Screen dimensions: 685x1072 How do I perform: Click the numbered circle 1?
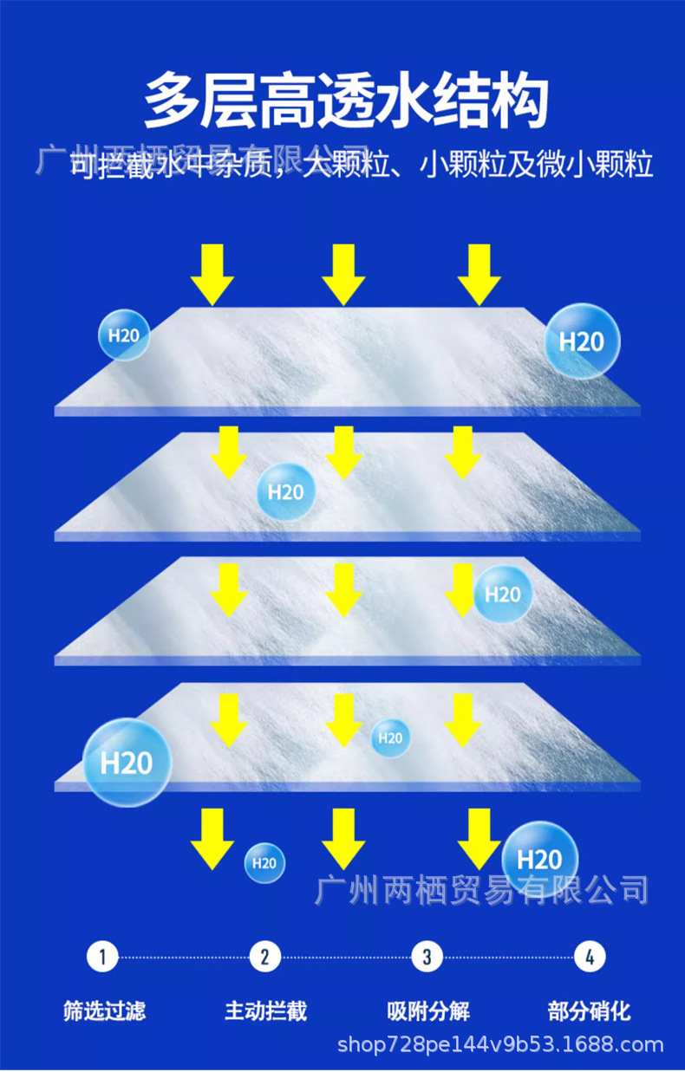pyautogui.click(x=102, y=957)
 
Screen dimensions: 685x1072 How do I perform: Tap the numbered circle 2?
pyautogui.click(x=264, y=957)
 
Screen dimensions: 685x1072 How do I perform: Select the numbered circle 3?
pyautogui.click(x=427, y=957)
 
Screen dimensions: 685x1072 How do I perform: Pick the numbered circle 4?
pyautogui.click(x=590, y=957)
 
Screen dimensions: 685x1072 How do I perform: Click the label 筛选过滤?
pyautogui.click(x=104, y=1010)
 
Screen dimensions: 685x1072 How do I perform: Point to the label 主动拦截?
pyautogui.click(x=266, y=1010)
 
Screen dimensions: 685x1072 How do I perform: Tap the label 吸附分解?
pyautogui.click(x=428, y=1010)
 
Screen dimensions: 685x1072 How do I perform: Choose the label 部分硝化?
pyautogui.click(x=590, y=1010)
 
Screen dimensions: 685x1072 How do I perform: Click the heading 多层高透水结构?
pyautogui.click(x=346, y=102)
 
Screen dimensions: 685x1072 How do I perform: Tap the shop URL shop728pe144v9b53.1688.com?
pyautogui.click(x=500, y=1045)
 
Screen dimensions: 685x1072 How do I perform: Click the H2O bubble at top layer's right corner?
pyautogui.click(x=582, y=341)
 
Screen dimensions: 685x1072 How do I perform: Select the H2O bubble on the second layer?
pyautogui.click(x=285, y=492)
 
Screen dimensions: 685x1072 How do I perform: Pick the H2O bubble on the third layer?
pyautogui.click(x=503, y=594)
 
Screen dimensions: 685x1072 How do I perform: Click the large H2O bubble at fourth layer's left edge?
pyautogui.click(x=127, y=763)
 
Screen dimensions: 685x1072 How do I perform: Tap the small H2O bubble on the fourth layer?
pyautogui.click(x=390, y=738)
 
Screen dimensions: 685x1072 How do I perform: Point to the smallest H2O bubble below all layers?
pyautogui.click(x=264, y=863)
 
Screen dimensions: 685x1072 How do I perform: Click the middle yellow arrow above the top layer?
pyautogui.click(x=344, y=273)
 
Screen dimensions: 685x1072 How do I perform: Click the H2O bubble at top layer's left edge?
pyautogui.click(x=124, y=335)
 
